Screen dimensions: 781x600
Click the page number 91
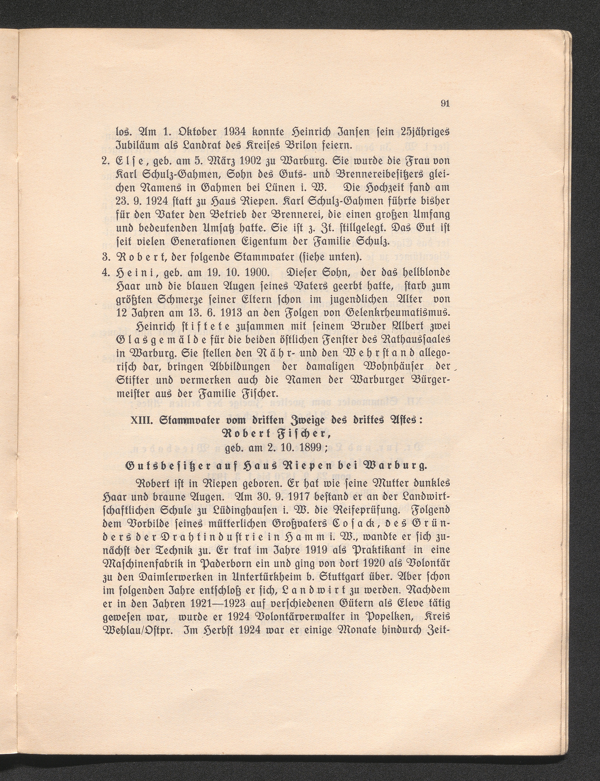[444, 104]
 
